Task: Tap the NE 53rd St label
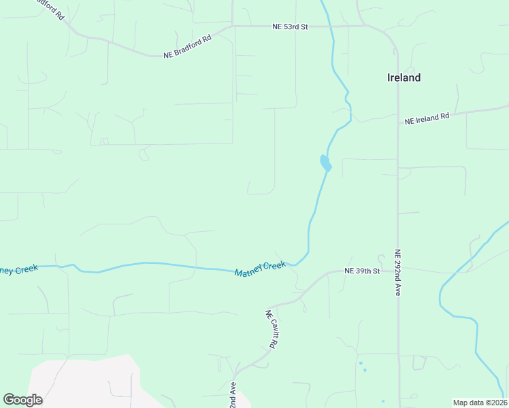click(290, 27)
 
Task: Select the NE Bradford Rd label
click(188, 46)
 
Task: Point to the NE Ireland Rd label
click(427, 118)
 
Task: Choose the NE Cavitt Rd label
click(271, 329)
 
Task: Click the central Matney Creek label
click(260, 269)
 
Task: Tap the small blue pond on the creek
click(325, 163)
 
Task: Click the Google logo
click(22, 400)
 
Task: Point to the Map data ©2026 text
click(480, 403)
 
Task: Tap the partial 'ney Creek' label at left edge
click(18, 270)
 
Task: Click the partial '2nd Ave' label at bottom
click(233, 394)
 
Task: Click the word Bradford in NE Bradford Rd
click(193, 45)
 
